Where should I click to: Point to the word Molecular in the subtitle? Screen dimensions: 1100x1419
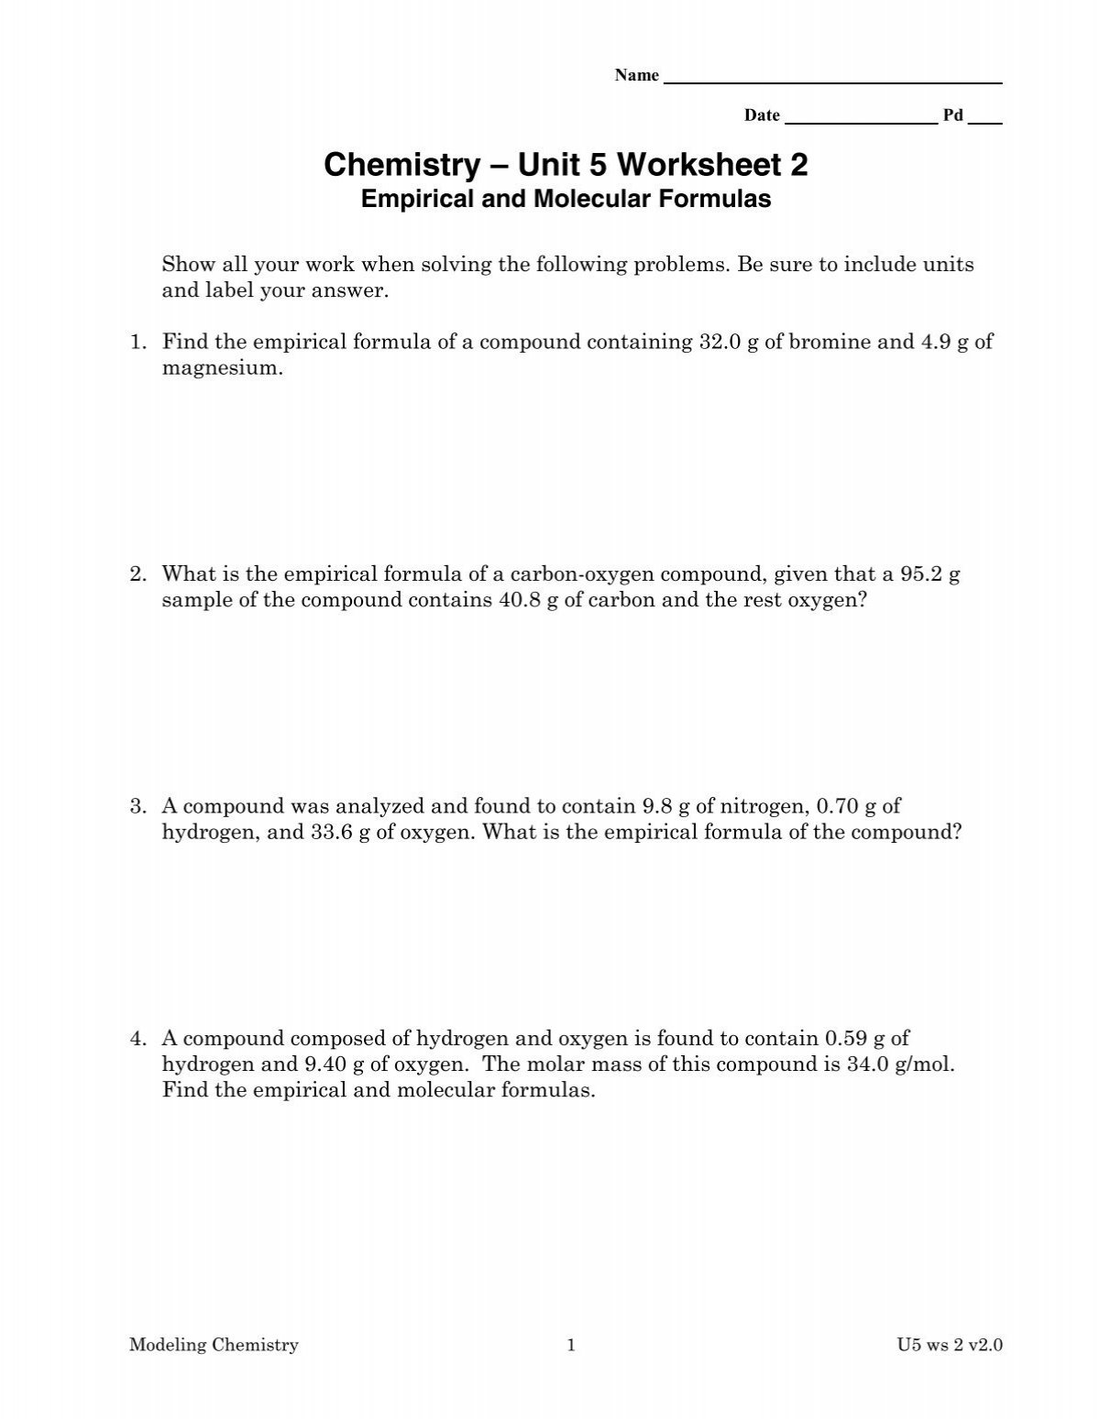pyautogui.click(x=583, y=199)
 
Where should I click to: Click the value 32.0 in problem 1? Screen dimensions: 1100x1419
pyautogui.click(x=718, y=343)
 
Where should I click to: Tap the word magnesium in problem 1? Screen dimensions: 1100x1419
pyautogui.click(x=218, y=368)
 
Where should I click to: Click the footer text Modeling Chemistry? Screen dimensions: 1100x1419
pyautogui.click(x=214, y=1346)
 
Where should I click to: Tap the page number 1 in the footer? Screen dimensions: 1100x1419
pyautogui.click(x=571, y=1346)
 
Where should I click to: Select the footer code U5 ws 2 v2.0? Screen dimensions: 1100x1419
pyautogui.click(x=951, y=1346)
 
